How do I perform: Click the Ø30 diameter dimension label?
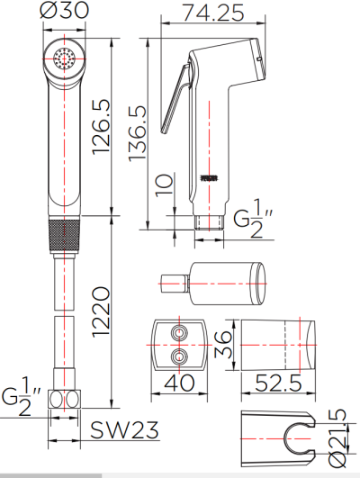[x=64, y=10]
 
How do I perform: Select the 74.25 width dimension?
[x=212, y=13]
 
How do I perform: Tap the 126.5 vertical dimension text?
[x=101, y=127]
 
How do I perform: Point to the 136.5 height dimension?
[x=138, y=133]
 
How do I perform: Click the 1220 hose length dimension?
[x=101, y=312]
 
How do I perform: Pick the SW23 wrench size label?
[x=124, y=429]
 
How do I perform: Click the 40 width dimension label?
[x=179, y=383]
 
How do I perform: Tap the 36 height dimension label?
[x=223, y=345]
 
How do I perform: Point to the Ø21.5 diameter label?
[x=337, y=438]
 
